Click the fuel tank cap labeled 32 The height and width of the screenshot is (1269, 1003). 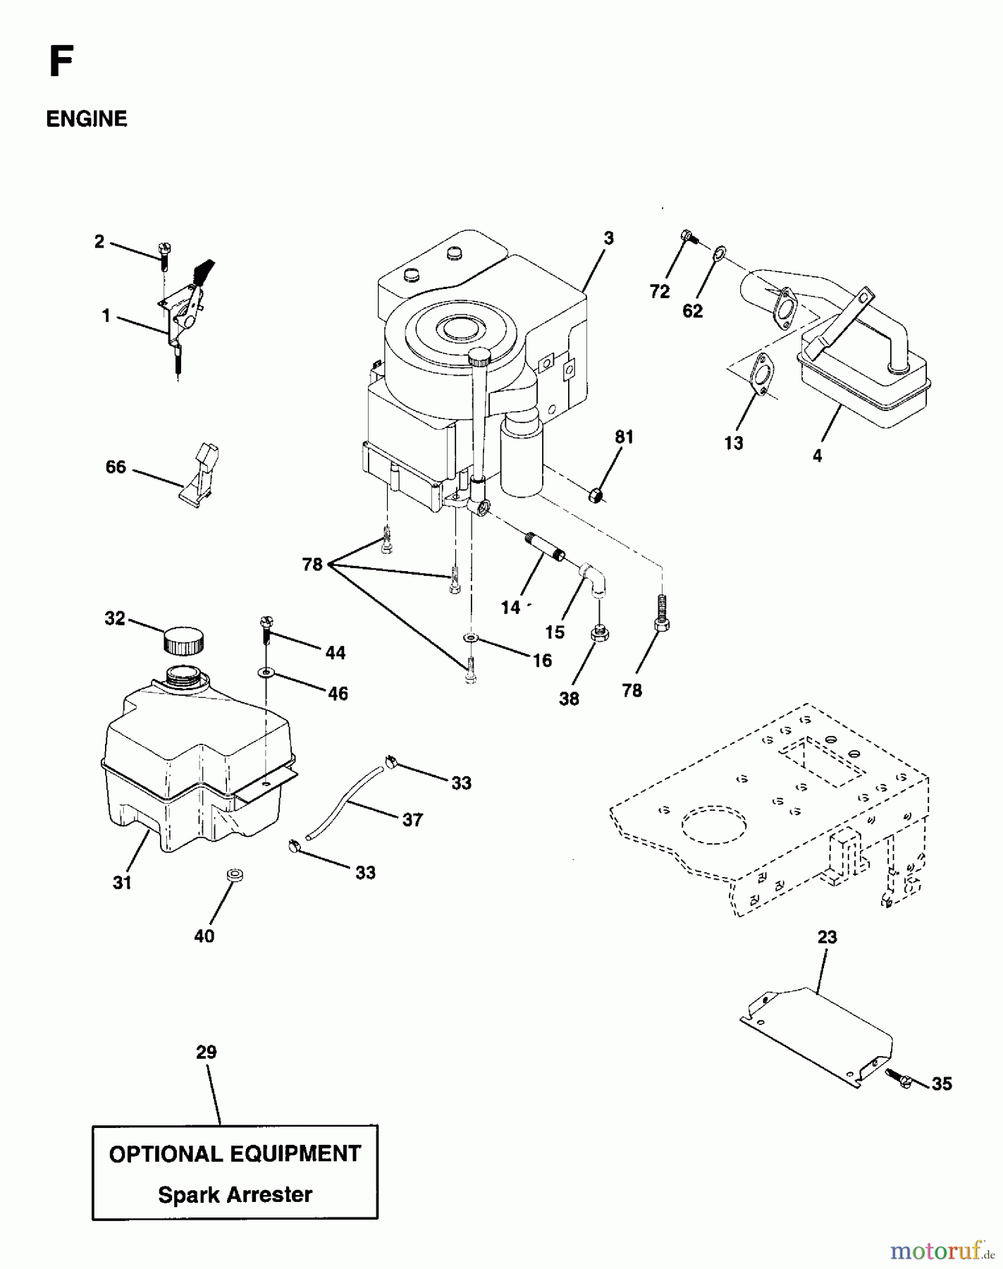183,641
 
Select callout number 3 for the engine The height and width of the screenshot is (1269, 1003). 608,238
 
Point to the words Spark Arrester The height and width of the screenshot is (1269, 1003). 235,1194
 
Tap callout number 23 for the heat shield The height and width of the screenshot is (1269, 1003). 827,937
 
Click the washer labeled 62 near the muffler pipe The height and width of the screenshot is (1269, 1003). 718,252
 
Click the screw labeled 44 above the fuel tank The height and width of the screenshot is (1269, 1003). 266,627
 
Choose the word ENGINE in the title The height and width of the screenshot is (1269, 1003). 87,119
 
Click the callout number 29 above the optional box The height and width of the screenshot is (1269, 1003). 206,1053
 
